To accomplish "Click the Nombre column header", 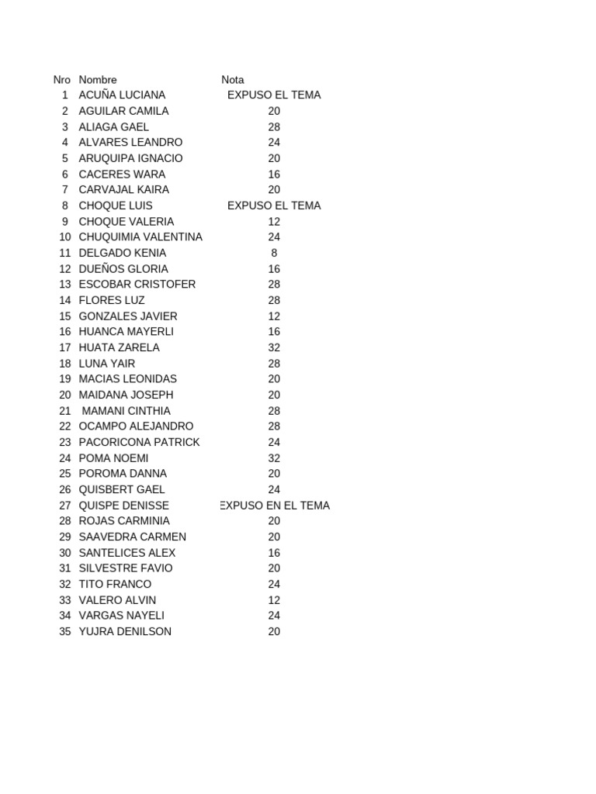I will (98, 79).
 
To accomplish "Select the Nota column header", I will (232, 79).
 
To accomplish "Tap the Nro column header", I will (62, 79).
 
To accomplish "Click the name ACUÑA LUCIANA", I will (122, 95).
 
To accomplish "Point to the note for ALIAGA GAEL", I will (274, 126).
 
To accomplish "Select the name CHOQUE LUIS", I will (116, 205).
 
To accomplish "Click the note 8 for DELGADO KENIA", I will (274, 253).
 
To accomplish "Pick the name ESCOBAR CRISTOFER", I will (137, 285).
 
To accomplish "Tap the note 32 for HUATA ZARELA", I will (274, 347).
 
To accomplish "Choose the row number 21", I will (64, 411).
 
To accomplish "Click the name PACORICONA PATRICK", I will (140, 442).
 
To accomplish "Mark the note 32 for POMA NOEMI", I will (274, 458).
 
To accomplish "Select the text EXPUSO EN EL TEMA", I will (275, 506).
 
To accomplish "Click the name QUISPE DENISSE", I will (124, 506).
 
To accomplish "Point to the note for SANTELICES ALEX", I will (274, 553).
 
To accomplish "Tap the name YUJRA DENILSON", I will (125, 631).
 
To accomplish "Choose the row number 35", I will (64, 631).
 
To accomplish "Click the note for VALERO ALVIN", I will (274, 600).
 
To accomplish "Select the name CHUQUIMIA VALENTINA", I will (140, 236).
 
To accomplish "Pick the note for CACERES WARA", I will (274, 174).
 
